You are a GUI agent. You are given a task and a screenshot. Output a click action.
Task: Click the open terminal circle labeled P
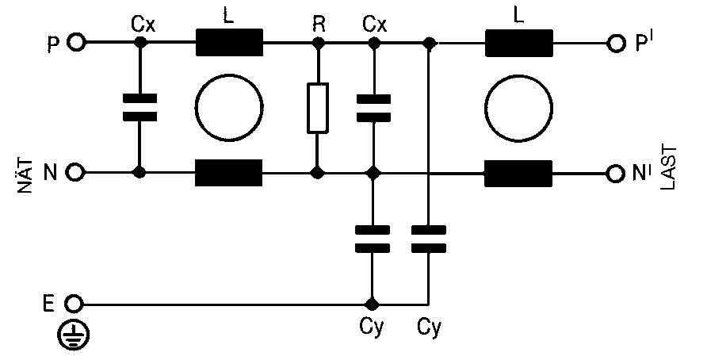(76, 43)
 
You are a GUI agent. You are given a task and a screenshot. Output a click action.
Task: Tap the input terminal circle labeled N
(76, 172)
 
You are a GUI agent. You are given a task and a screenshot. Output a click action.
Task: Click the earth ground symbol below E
(74, 336)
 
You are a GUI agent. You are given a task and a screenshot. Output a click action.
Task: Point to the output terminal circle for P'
(617, 43)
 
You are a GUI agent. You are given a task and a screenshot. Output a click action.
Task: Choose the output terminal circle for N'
(617, 172)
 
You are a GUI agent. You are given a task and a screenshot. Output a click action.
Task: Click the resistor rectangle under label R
(317, 107)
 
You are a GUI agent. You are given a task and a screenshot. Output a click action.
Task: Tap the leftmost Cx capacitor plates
(139, 107)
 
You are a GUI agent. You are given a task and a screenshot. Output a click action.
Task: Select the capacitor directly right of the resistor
(373, 107)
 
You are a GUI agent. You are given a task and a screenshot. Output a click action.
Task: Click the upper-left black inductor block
(228, 43)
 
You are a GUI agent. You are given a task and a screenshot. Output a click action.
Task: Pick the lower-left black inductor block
(228, 172)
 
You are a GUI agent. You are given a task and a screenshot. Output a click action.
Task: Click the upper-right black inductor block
(518, 43)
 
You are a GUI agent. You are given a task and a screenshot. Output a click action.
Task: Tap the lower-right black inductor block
(518, 172)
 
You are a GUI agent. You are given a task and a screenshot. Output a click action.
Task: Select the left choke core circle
(229, 108)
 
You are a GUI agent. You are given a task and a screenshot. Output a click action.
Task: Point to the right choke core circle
(518, 108)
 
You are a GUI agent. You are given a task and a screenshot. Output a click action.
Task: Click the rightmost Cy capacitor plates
(429, 238)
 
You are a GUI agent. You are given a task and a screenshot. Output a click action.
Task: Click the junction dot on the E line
(372, 304)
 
